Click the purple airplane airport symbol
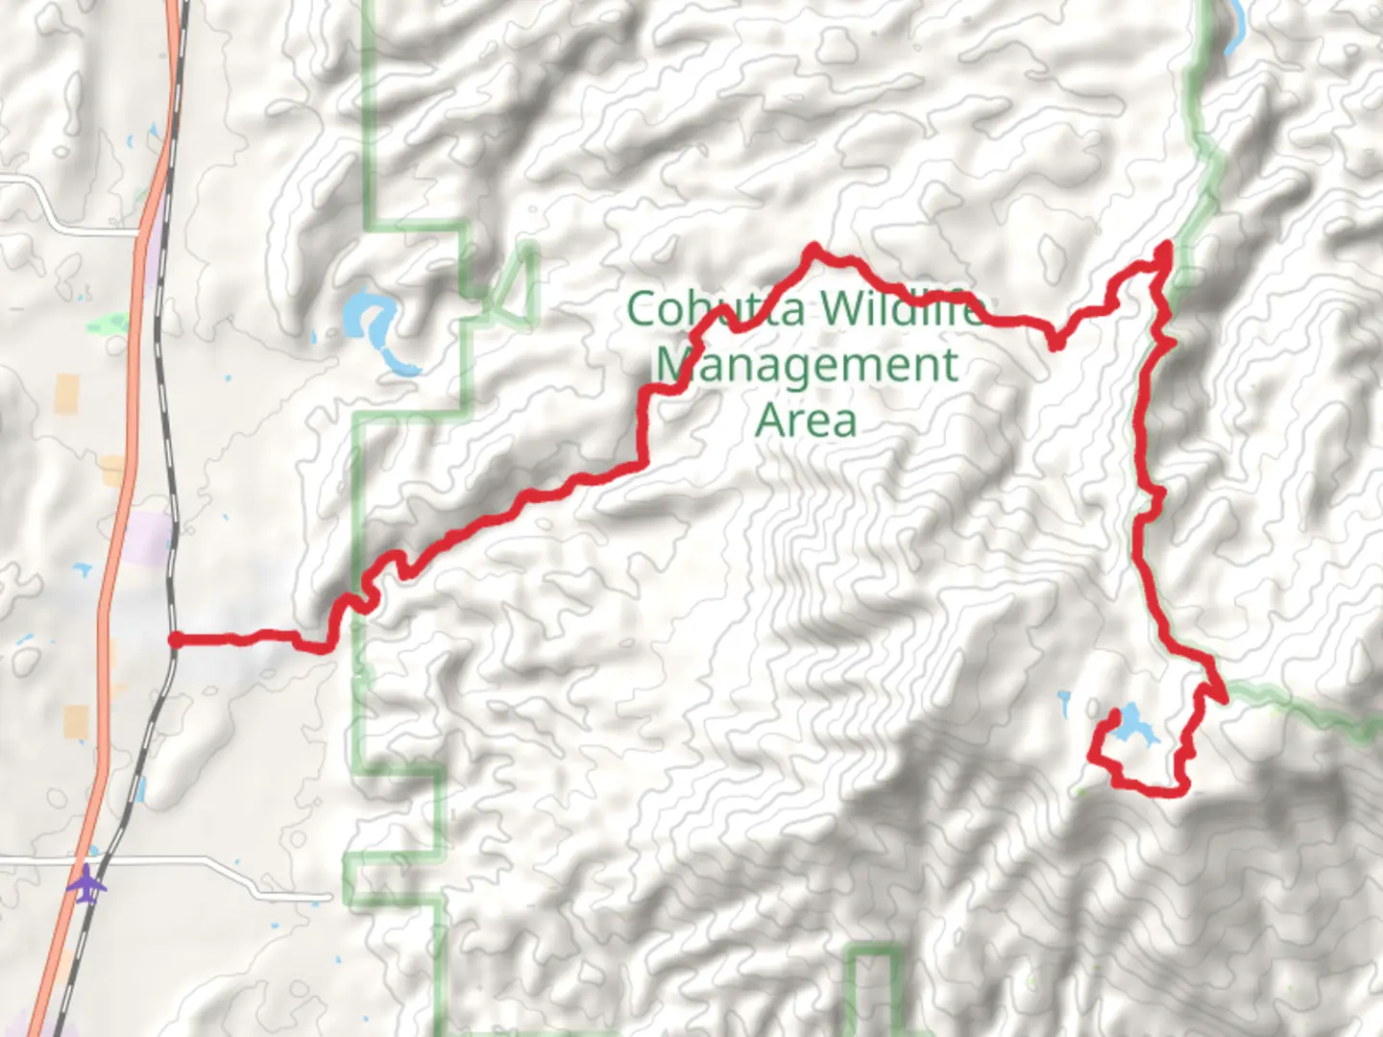pyautogui.click(x=87, y=883)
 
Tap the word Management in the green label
pyautogui.click(x=807, y=366)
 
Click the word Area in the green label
pyautogui.click(x=806, y=421)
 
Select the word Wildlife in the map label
pyautogui.click(x=903, y=309)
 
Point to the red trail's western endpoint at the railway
pyautogui.click(x=175, y=639)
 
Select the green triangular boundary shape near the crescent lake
pyautogui.click(x=514, y=288)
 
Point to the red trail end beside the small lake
pyautogui.click(x=1114, y=715)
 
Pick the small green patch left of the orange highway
pyautogui.click(x=108, y=325)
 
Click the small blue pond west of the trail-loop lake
pyautogui.click(x=1064, y=704)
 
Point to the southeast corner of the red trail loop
pyautogui.click(x=1181, y=789)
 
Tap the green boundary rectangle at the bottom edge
pyautogui.click(x=874, y=989)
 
